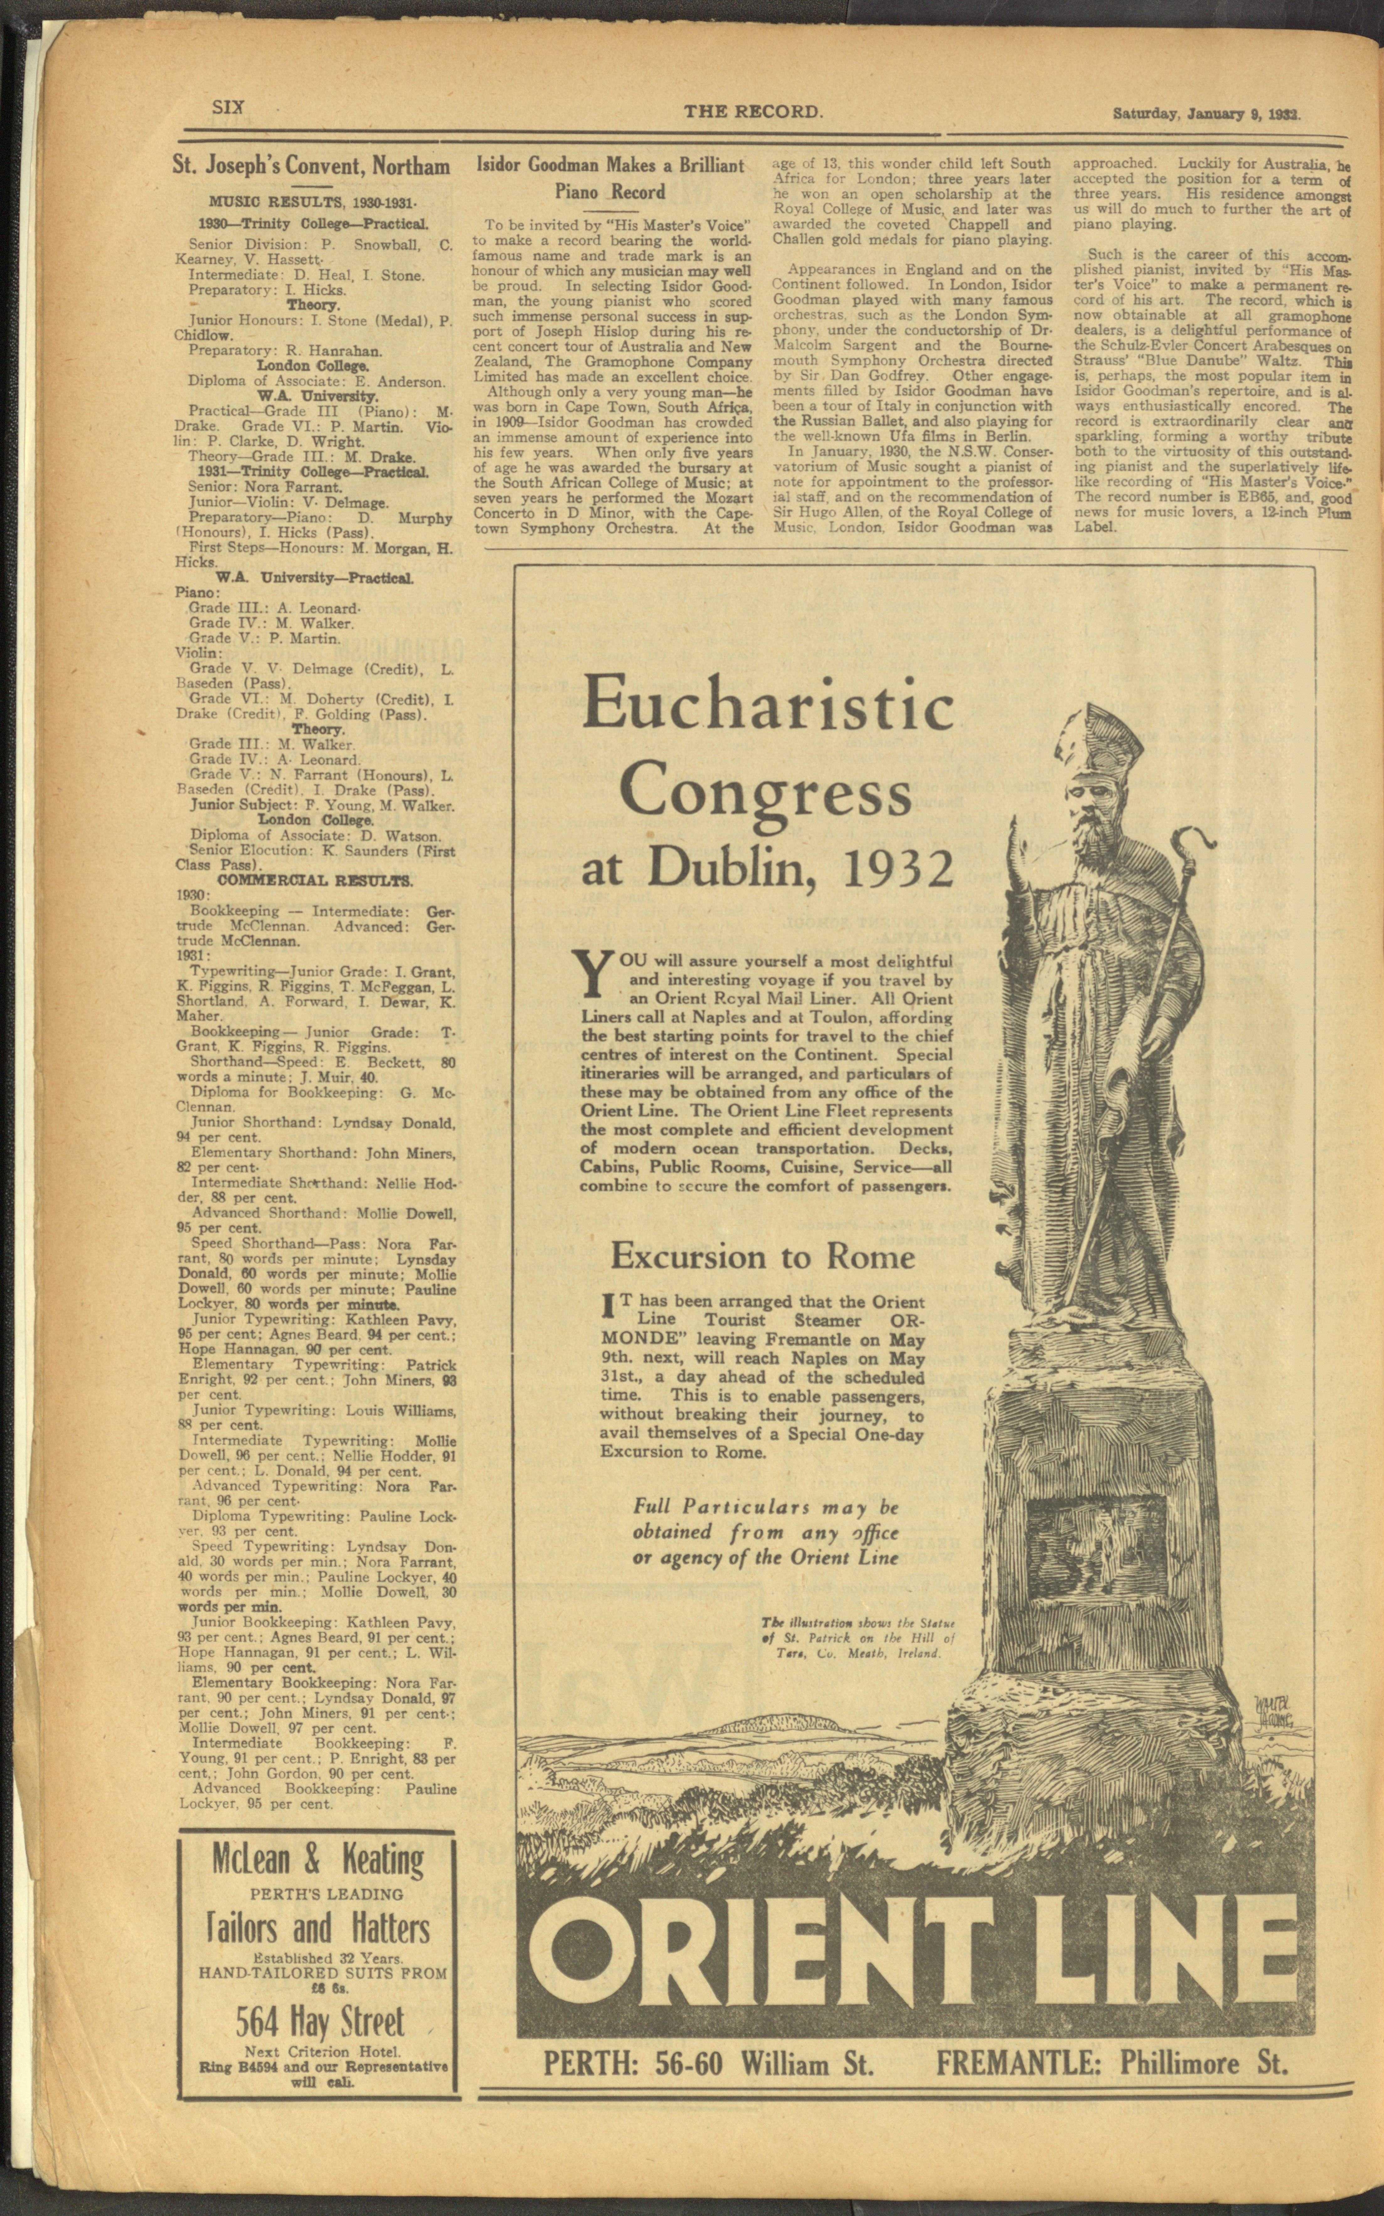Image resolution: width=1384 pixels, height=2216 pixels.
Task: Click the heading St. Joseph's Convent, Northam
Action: tap(312, 166)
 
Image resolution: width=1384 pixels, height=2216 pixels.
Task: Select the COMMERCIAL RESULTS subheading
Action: tap(314, 881)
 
